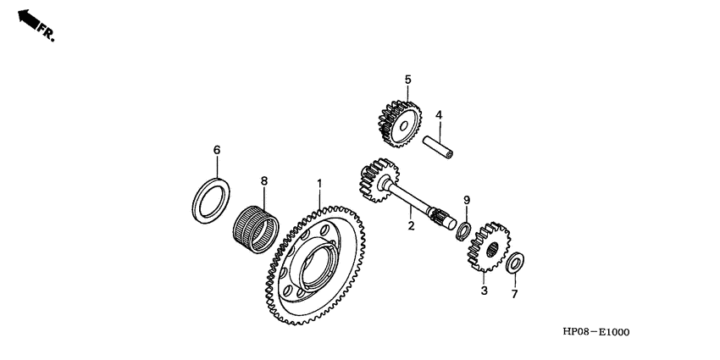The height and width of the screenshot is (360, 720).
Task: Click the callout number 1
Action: click(x=319, y=183)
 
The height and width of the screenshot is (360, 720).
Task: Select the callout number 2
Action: click(x=410, y=225)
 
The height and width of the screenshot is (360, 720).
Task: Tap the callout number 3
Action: click(x=484, y=291)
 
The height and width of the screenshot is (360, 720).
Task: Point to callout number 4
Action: click(x=439, y=115)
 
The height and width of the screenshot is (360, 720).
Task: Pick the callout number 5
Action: click(x=407, y=80)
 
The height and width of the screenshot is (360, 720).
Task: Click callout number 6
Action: click(x=216, y=150)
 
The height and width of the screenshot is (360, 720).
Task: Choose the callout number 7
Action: click(x=513, y=294)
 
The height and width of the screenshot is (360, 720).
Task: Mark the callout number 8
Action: click(x=263, y=180)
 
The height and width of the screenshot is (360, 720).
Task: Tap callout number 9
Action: click(x=465, y=200)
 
